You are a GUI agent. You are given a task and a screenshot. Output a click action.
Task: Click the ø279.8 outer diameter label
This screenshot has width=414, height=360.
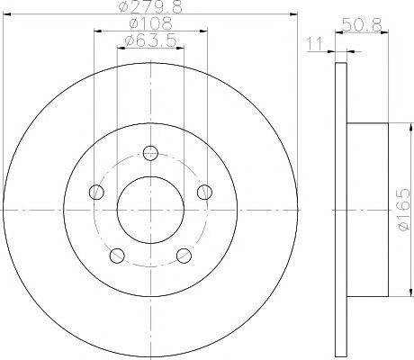(150, 6)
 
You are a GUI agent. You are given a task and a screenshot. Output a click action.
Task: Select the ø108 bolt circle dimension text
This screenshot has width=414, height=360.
(150, 23)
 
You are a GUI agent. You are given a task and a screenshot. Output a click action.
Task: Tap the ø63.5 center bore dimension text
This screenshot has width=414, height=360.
(150, 40)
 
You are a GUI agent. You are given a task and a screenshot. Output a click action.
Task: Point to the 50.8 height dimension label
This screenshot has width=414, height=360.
(362, 25)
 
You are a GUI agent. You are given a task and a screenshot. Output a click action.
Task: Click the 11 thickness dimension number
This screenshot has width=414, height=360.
(314, 44)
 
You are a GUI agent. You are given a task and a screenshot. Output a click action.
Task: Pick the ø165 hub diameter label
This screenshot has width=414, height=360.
(402, 210)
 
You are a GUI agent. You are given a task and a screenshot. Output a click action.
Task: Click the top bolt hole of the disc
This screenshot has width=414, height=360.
(150, 153)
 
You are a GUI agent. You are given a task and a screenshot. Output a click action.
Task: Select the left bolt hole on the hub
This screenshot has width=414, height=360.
(96, 192)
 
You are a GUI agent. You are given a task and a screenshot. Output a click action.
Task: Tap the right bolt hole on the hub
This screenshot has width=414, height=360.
(204, 192)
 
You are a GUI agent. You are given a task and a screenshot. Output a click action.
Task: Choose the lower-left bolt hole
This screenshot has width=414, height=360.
(117, 256)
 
